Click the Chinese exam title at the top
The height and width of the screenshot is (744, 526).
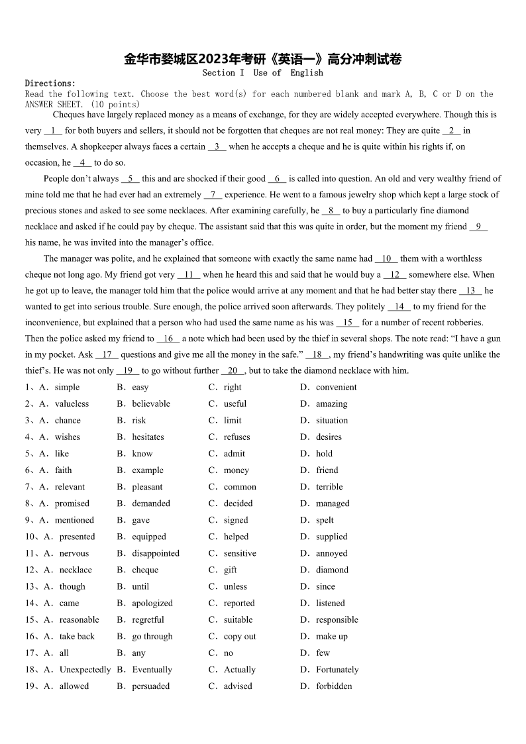pyautogui.click(x=263, y=59)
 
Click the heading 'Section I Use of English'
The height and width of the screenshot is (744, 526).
pyautogui.click(x=263, y=73)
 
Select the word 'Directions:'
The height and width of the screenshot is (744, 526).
pyautogui.click(x=50, y=83)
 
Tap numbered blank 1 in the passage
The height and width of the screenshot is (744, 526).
pyautogui.click(x=52, y=131)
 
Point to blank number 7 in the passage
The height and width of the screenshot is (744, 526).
pyautogui.click(x=213, y=195)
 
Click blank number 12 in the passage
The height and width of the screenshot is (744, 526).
pyautogui.click(x=395, y=274)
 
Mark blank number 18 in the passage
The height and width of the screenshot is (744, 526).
pyautogui.click(x=317, y=354)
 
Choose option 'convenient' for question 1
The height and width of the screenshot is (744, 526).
pyautogui.click(x=336, y=388)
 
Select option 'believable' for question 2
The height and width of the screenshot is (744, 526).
pyautogui.click(x=151, y=404)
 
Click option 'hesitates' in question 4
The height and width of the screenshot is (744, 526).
pyautogui.click(x=148, y=437)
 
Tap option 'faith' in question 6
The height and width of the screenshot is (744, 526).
pyautogui.click(x=64, y=470)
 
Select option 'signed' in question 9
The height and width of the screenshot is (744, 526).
pyautogui.click(x=236, y=520)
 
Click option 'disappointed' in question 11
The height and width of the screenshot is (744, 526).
pyautogui.click(x=156, y=553)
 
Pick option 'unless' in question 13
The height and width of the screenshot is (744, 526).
pyautogui.click(x=235, y=586)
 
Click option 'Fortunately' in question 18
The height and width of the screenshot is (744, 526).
pyautogui.click(x=337, y=670)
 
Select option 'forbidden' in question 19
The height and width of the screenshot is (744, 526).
pyautogui.click(x=334, y=686)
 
